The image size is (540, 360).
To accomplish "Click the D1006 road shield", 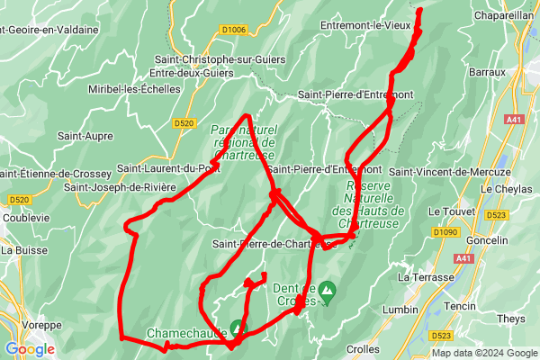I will tap(233, 30).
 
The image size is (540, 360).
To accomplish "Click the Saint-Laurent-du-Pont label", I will tap(168, 167).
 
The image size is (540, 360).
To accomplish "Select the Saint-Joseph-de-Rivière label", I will tap(121, 187).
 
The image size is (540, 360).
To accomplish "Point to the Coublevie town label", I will tap(26, 217).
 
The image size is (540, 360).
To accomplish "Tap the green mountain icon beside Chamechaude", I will tap(237, 328).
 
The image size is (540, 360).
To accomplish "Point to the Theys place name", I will tap(510, 319).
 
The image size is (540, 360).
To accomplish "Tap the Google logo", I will tap(30, 348).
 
